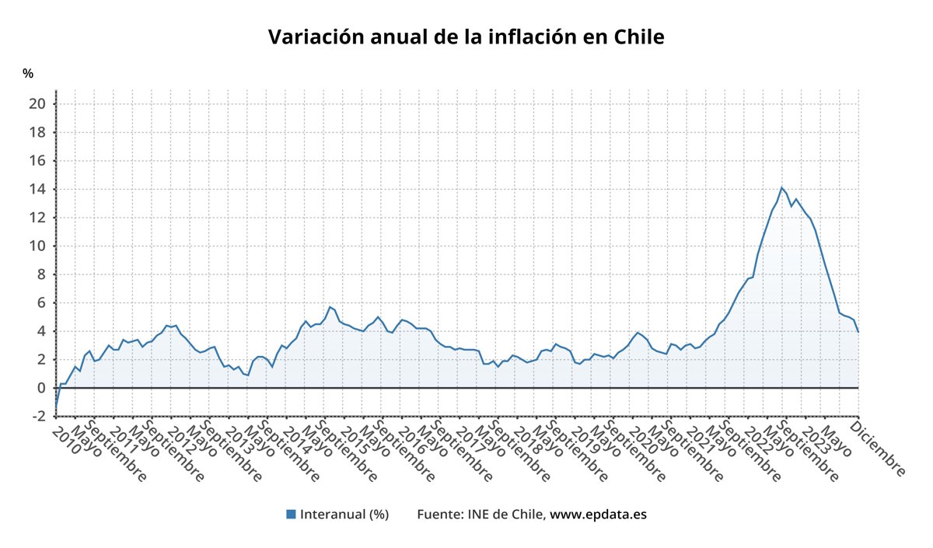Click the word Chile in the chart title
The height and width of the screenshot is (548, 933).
point(639,37)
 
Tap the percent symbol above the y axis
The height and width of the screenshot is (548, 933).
point(28,74)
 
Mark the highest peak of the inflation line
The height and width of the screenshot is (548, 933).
point(781,187)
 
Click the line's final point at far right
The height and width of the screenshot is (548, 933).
point(858,332)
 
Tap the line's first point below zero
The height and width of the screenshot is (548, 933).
point(56,405)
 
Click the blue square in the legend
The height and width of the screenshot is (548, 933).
point(292,514)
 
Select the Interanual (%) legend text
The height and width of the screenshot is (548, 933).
point(344,514)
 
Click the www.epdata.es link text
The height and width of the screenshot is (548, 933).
point(599,514)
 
